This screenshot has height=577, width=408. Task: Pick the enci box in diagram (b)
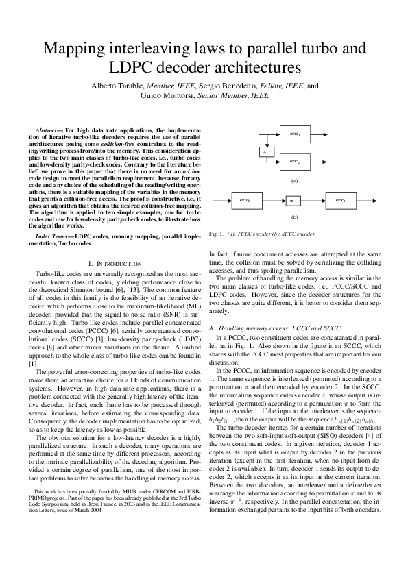click(x=340, y=200)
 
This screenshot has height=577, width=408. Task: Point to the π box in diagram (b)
click(x=291, y=200)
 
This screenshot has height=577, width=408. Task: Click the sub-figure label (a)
click(x=294, y=180)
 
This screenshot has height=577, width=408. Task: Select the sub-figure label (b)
click(x=294, y=217)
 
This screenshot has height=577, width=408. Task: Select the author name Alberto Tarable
click(x=117, y=86)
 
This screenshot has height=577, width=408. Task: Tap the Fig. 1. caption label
click(x=198, y=234)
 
